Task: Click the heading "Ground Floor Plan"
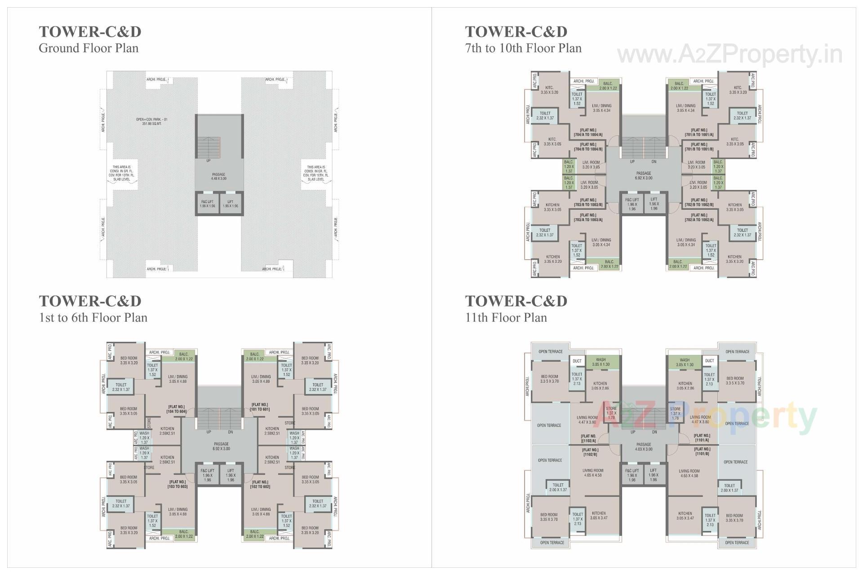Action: point(89,48)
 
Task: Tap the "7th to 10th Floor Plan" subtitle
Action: point(523,48)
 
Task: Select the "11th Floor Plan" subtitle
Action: point(506,318)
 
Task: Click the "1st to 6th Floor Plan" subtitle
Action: point(93,318)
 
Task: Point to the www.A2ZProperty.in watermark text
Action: point(730,55)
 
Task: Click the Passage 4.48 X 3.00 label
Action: point(218,177)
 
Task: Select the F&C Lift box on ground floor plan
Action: point(207,204)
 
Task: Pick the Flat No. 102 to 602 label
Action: point(261,484)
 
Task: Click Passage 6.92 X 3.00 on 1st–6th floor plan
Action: point(221,446)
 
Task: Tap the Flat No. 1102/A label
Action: point(589,438)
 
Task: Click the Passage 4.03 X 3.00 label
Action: point(644,447)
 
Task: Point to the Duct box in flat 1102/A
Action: point(577,361)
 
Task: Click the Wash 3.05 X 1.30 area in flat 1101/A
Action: point(685,362)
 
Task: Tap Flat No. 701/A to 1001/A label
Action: point(699,133)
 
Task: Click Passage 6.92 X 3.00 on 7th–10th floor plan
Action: point(644,175)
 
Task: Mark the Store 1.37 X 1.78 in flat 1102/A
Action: point(611,413)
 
